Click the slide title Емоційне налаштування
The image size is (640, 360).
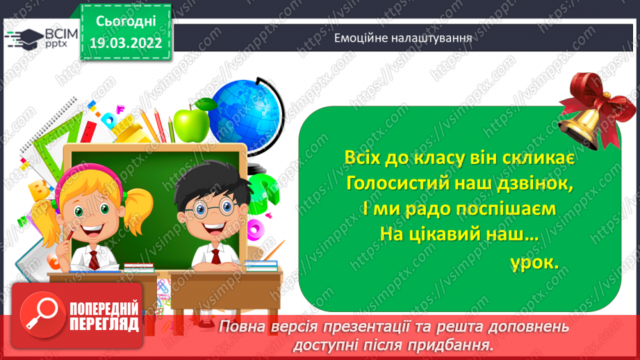[x=403, y=38]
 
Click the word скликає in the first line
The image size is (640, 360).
[x=534, y=158]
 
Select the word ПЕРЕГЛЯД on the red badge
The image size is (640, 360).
[x=104, y=323]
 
